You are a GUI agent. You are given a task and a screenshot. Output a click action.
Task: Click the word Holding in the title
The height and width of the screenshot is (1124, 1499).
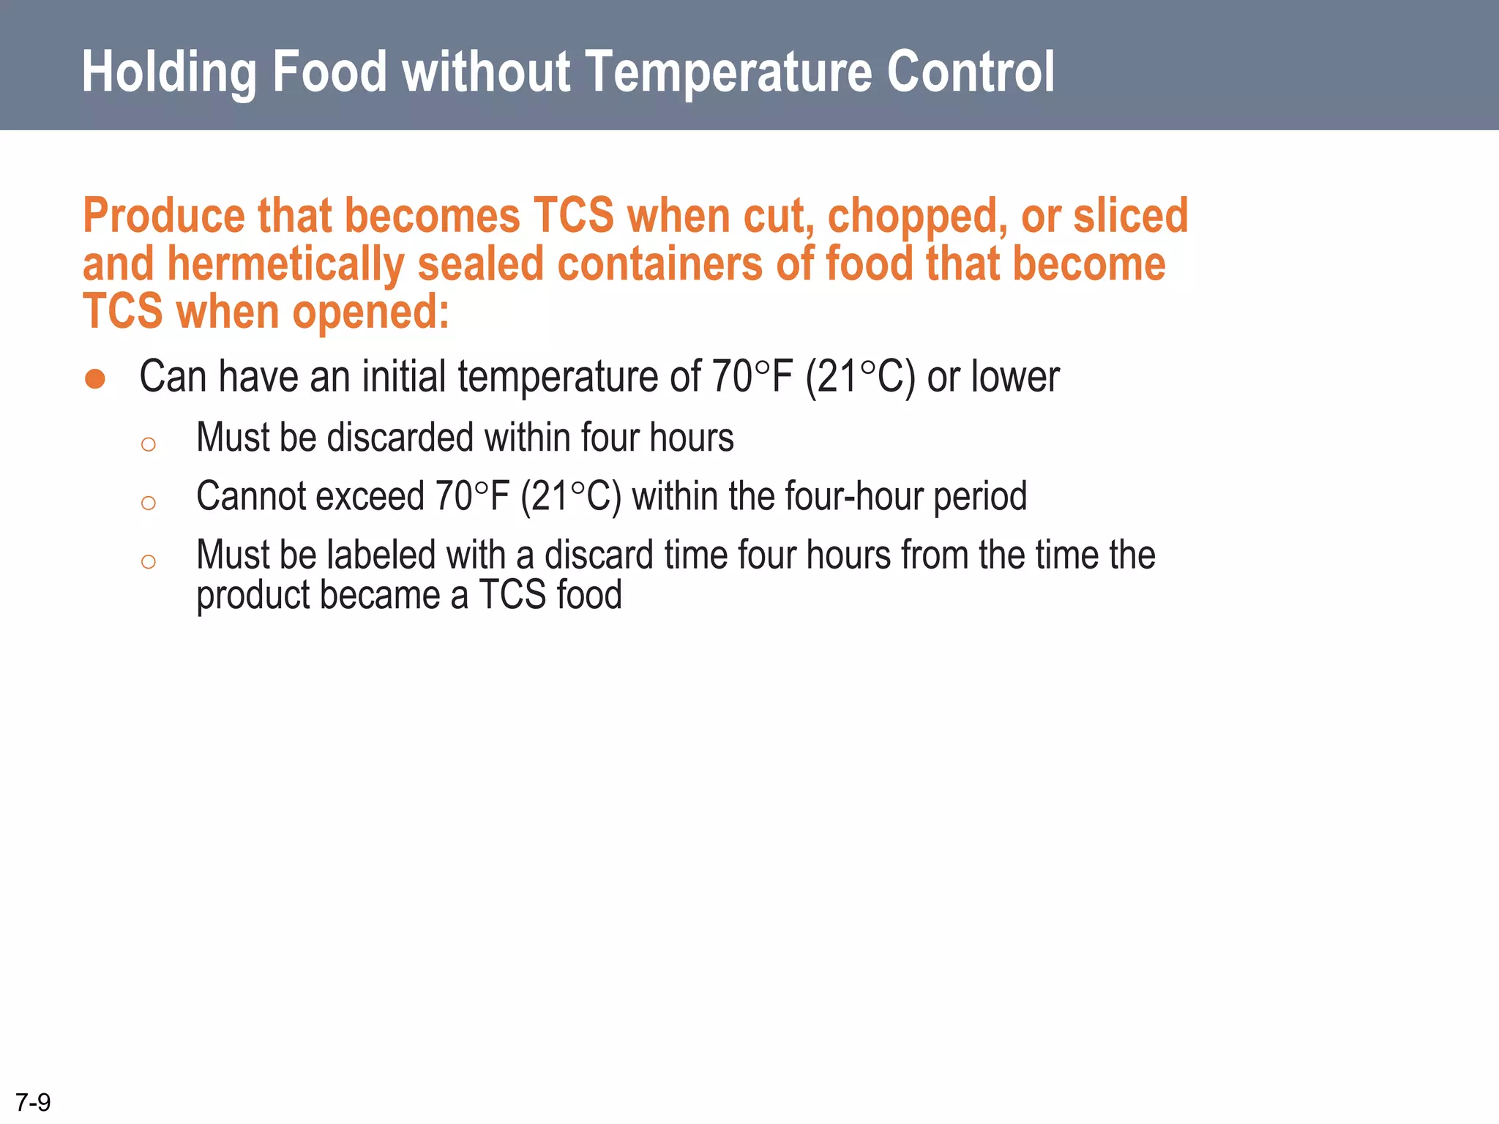pos(169,73)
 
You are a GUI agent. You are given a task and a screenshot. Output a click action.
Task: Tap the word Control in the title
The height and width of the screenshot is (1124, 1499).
pos(971,73)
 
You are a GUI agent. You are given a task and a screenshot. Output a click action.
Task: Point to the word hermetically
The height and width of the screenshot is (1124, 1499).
pos(285,264)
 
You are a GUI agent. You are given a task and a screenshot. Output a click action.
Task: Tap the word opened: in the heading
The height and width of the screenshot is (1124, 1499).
pos(370,312)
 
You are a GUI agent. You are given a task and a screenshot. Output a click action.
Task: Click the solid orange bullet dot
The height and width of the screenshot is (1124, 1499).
pos(95,379)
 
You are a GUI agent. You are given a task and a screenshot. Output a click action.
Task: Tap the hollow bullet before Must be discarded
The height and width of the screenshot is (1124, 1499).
pos(149,444)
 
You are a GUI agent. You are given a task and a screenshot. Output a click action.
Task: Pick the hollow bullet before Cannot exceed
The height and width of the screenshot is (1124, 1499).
pos(149,503)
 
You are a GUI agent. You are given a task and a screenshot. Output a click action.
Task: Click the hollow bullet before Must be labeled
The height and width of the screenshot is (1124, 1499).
pos(149,561)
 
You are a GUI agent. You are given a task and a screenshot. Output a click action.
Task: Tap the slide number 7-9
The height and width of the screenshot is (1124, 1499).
pos(33,1102)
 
